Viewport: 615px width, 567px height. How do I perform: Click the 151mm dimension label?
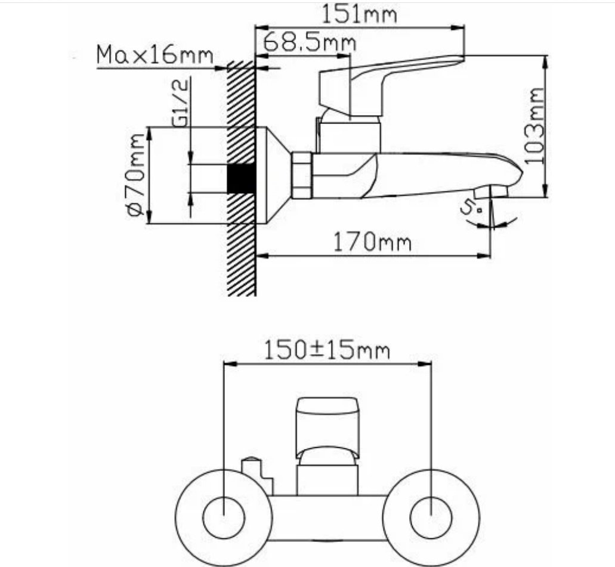tap(359, 14)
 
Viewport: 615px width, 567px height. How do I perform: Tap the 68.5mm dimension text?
tap(310, 42)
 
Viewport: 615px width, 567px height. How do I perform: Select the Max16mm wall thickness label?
tap(155, 54)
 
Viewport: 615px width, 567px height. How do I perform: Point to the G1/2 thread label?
tap(181, 102)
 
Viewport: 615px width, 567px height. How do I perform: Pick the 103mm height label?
tap(534, 125)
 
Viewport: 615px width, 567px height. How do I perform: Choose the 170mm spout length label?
tap(372, 242)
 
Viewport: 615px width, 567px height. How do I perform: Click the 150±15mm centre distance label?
tap(327, 350)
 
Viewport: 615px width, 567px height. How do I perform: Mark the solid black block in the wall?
tap(241, 178)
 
